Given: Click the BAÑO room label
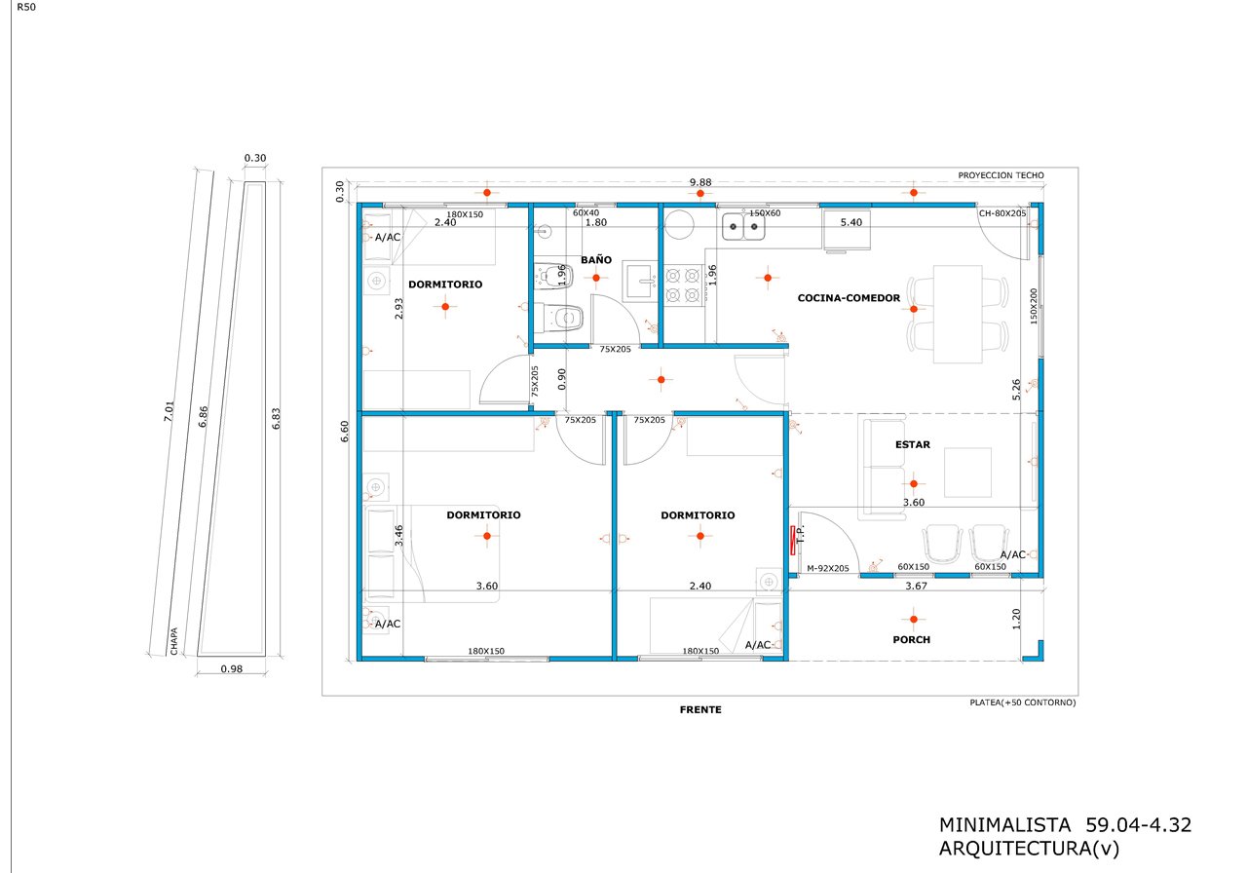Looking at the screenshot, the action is pyautogui.click(x=595, y=260).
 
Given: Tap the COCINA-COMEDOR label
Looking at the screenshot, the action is pyautogui.click(x=849, y=298).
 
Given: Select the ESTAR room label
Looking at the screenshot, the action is pyautogui.click(x=913, y=444).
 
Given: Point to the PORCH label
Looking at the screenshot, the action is pyautogui.click(x=911, y=640).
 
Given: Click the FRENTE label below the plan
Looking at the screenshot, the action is pyautogui.click(x=700, y=710).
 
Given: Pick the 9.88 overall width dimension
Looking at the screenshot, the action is pyautogui.click(x=700, y=182).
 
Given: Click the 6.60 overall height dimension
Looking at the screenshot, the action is pyautogui.click(x=345, y=432).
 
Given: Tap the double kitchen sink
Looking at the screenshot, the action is pyautogui.click(x=743, y=227).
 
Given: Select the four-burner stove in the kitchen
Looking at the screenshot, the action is pyautogui.click(x=683, y=285).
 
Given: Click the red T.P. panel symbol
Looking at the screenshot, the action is pyautogui.click(x=793, y=541).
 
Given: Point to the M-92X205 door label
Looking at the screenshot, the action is pyautogui.click(x=828, y=568).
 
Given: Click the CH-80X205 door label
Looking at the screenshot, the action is pyautogui.click(x=1002, y=213).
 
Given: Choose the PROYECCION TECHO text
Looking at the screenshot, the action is pyautogui.click(x=1001, y=175).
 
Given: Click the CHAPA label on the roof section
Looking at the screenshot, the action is pyautogui.click(x=174, y=641).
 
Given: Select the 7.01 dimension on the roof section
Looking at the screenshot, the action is pyautogui.click(x=169, y=411).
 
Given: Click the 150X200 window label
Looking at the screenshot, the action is pyautogui.click(x=1034, y=306).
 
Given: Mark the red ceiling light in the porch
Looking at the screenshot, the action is pyautogui.click(x=914, y=619).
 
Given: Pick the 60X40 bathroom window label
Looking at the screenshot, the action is pyautogui.click(x=586, y=212).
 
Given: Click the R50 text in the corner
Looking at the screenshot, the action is pyautogui.click(x=26, y=7).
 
